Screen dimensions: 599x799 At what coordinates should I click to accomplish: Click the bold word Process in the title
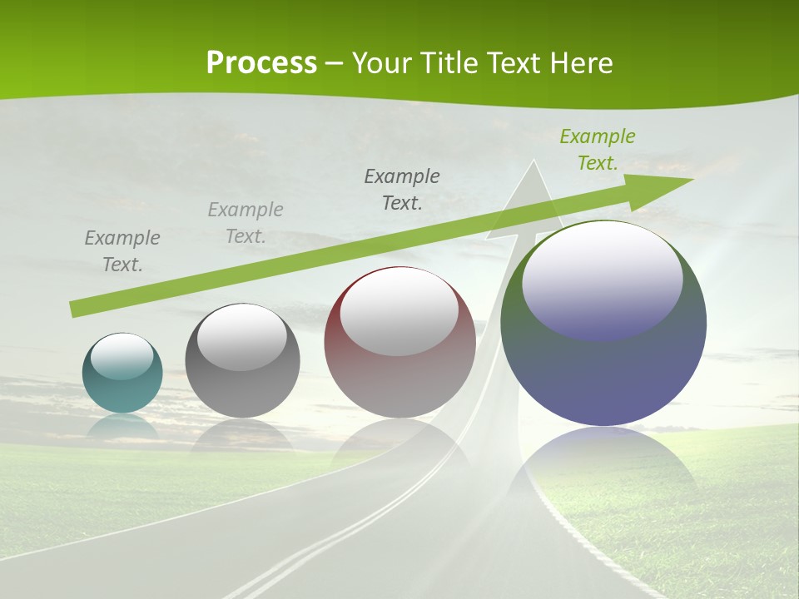point(261,63)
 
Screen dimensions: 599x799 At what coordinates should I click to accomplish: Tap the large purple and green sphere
point(603,366)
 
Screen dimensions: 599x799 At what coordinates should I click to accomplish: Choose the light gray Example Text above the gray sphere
point(246,223)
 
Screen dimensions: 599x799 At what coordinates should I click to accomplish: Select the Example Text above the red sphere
point(402,190)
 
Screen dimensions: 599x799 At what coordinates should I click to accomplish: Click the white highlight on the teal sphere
point(122,356)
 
